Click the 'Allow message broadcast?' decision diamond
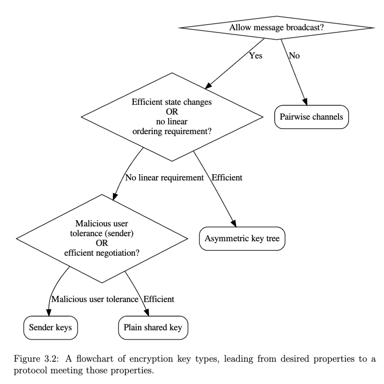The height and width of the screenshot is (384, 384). click(x=277, y=28)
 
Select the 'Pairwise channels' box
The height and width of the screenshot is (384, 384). click(x=311, y=117)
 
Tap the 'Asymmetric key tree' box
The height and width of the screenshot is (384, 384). click(x=242, y=238)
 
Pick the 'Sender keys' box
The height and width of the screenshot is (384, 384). click(x=51, y=327)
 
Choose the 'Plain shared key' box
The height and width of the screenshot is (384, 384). click(x=153, y=327)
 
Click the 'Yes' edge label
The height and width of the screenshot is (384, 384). click(x=256, y=56)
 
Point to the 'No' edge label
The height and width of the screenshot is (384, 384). click(x=294, y=56)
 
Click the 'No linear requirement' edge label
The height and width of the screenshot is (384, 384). click(x=164, y=178)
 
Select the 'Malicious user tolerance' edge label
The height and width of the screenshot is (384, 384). click(x=95, y=299)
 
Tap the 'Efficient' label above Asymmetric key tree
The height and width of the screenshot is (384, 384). click(x=227, y=178)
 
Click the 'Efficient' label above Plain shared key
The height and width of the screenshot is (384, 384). click(x=159, y=299)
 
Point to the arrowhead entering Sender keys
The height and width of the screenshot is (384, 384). click(x=49, y=313)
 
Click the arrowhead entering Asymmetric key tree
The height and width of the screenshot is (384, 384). click(x=234, y=224)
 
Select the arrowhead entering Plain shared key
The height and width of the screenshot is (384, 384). click(x=146, y=313)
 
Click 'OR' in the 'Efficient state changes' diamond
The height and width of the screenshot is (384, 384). click(x=172, y=112)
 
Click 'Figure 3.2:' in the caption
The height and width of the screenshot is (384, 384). click(x=36, y=359)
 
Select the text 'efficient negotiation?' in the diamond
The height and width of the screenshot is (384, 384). click(x=102, y=253)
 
